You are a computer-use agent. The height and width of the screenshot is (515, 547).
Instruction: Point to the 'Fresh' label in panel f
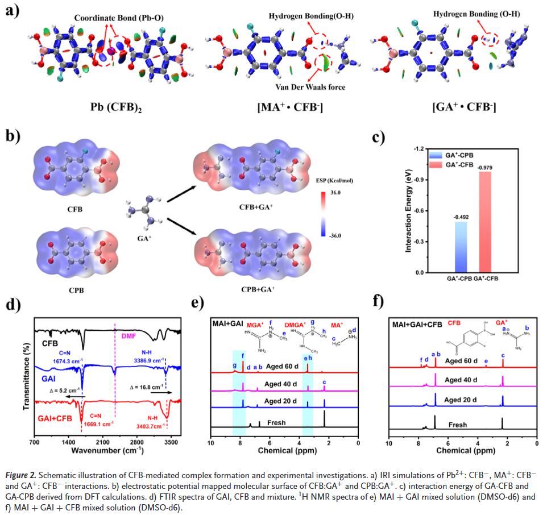[458, 425]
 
